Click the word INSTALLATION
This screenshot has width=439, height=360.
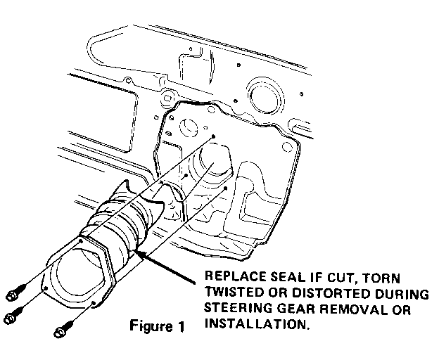(257, 324)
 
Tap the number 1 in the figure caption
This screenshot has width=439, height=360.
(181, 326)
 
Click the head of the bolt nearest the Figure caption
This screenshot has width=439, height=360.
(60, 333)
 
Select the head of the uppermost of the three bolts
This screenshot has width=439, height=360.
(11, 296)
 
